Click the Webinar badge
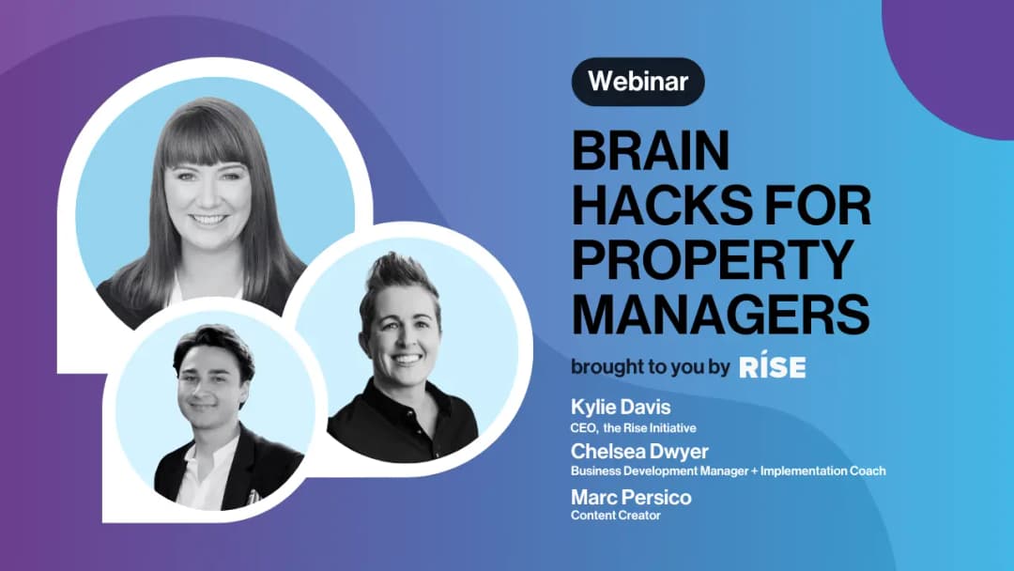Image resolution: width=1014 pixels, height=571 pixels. coord(638,82)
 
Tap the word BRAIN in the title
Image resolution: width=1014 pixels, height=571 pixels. coord(651,150)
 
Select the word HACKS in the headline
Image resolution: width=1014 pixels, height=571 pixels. coord(662,205)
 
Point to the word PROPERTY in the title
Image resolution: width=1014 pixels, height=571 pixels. coord(713,259)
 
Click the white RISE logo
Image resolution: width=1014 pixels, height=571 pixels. coord(773,366)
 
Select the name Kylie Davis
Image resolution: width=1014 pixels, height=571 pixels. coord(621,408)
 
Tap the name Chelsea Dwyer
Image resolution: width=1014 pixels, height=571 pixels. coord(639,451)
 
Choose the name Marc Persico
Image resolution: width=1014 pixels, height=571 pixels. coord(631,498)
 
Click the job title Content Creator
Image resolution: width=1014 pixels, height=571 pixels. coord(616,516)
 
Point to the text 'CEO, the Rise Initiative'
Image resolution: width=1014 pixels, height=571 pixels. coord(633,428)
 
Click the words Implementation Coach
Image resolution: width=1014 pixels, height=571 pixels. coord(823,471)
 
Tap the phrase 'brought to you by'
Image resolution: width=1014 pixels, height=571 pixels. coord(650,367)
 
